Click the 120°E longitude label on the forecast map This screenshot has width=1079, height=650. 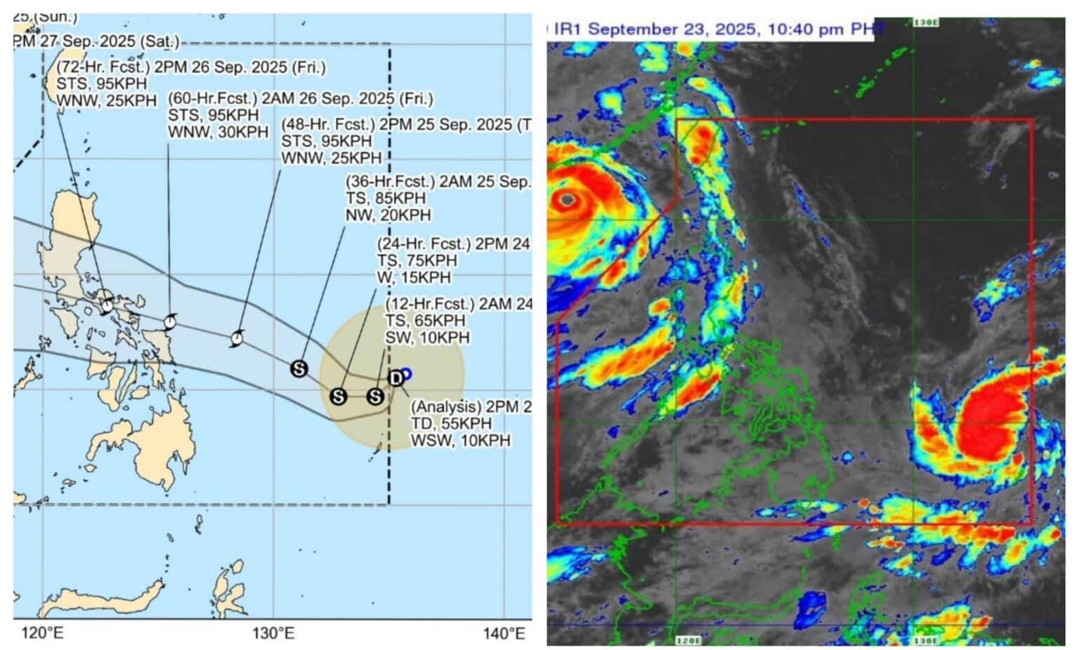43,634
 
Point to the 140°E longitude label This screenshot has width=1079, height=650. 504,634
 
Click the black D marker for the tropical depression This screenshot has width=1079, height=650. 396,378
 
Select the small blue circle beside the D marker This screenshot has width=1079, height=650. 406,374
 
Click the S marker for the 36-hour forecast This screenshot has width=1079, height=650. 299,369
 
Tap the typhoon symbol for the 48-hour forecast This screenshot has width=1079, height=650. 237,339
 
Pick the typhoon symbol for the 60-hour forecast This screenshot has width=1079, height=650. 169,322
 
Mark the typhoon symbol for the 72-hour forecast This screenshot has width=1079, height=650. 107,305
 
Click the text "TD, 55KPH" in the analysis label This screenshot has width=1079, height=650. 451,424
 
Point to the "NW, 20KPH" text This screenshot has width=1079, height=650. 388,215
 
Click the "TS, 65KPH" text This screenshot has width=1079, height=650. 425,321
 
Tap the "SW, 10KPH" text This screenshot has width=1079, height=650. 427,338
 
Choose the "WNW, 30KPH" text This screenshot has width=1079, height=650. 218,131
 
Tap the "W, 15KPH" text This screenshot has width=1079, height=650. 414,277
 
